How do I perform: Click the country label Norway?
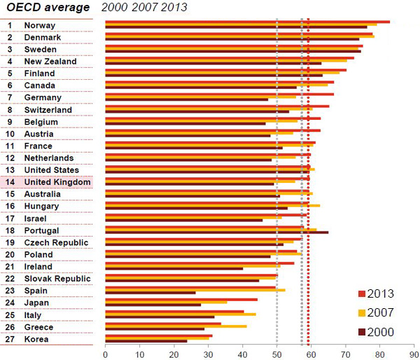coord(39,25)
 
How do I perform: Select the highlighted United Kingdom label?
coord(57,182)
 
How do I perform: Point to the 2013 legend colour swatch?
coord(361,293)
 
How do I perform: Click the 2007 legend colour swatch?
coord(361,312)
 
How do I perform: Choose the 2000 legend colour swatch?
coord(361,331)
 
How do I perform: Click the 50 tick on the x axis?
coord(276,354)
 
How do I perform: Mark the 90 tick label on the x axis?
coord(414,354)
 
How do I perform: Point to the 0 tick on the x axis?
coord(105,354)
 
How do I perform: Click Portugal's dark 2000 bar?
coord(216,232)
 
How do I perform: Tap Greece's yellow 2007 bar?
coord(176,326)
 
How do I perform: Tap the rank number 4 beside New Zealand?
coord(10,61)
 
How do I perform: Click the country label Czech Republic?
coord(56,242)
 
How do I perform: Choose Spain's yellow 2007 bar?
coord(195,290)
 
